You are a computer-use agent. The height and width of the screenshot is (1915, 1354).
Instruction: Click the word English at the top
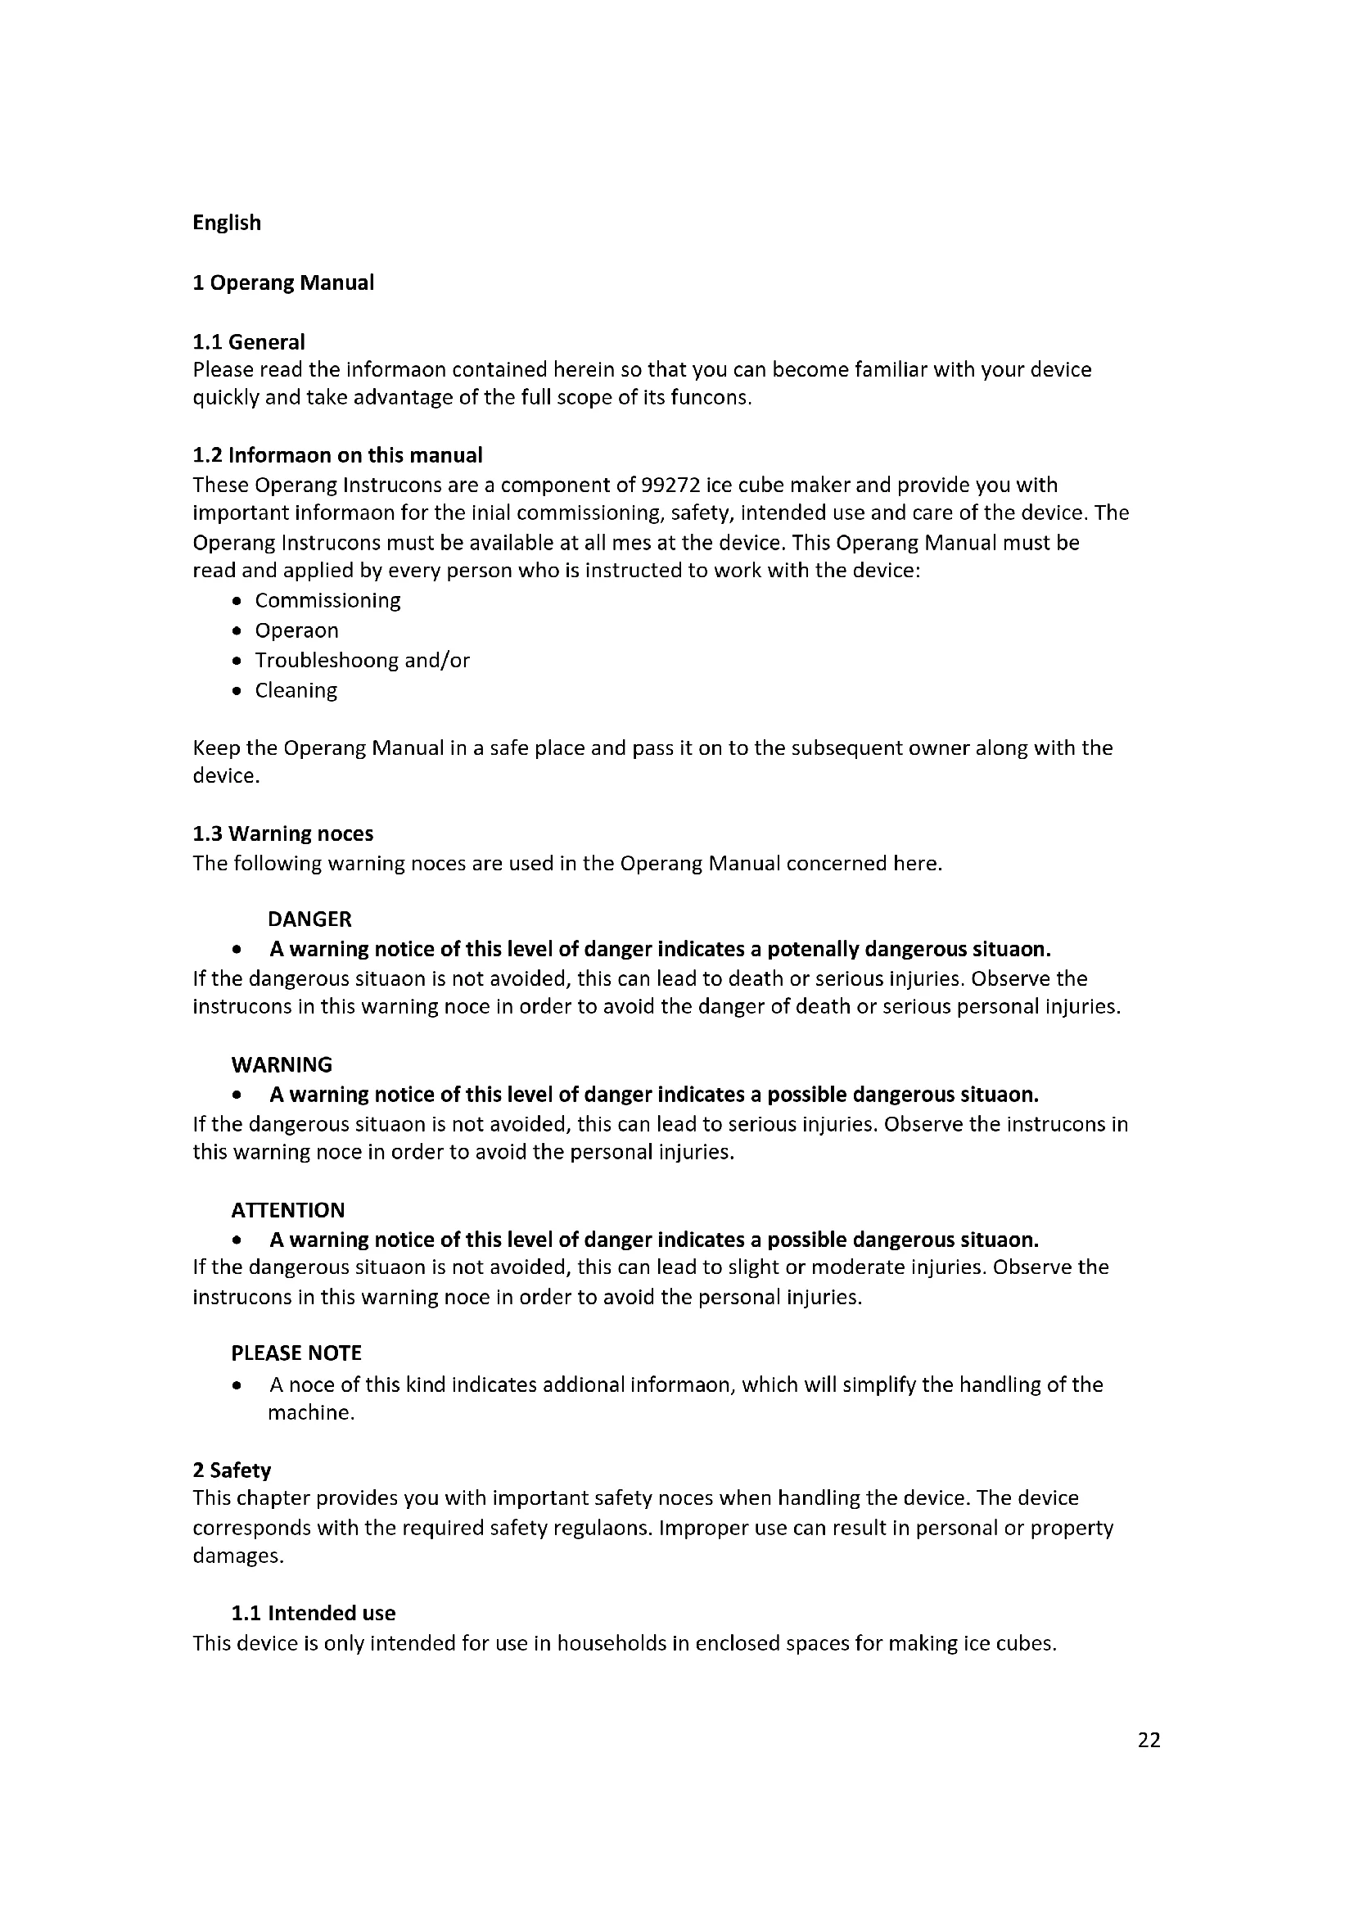(227, 223)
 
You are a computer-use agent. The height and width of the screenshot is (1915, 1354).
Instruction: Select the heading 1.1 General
(249, 342)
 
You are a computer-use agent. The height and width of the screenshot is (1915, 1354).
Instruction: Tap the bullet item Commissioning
(327, 600)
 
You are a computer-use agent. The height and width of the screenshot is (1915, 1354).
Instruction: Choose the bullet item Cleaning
(296, 691)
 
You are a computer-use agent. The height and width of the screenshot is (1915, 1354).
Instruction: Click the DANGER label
(309, 919)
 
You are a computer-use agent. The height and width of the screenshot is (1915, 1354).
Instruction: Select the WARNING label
(282, 1065)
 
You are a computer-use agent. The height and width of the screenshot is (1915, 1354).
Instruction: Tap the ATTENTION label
(287, 1210)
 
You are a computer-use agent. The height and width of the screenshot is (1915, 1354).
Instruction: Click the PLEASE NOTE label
(296, 1353)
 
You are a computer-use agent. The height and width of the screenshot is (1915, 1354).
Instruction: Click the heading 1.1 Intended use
(314, 1613)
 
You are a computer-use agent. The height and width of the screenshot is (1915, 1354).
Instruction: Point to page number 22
(1149, 1740)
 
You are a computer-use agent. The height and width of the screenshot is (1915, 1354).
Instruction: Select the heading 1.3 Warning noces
(282, 834)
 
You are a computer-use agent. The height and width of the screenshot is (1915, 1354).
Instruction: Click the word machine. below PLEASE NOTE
(311, 1413)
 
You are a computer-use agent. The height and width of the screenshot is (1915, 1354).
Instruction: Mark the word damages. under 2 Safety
(238, 1556)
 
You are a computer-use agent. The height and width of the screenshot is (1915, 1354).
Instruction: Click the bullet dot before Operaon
(238, 631)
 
